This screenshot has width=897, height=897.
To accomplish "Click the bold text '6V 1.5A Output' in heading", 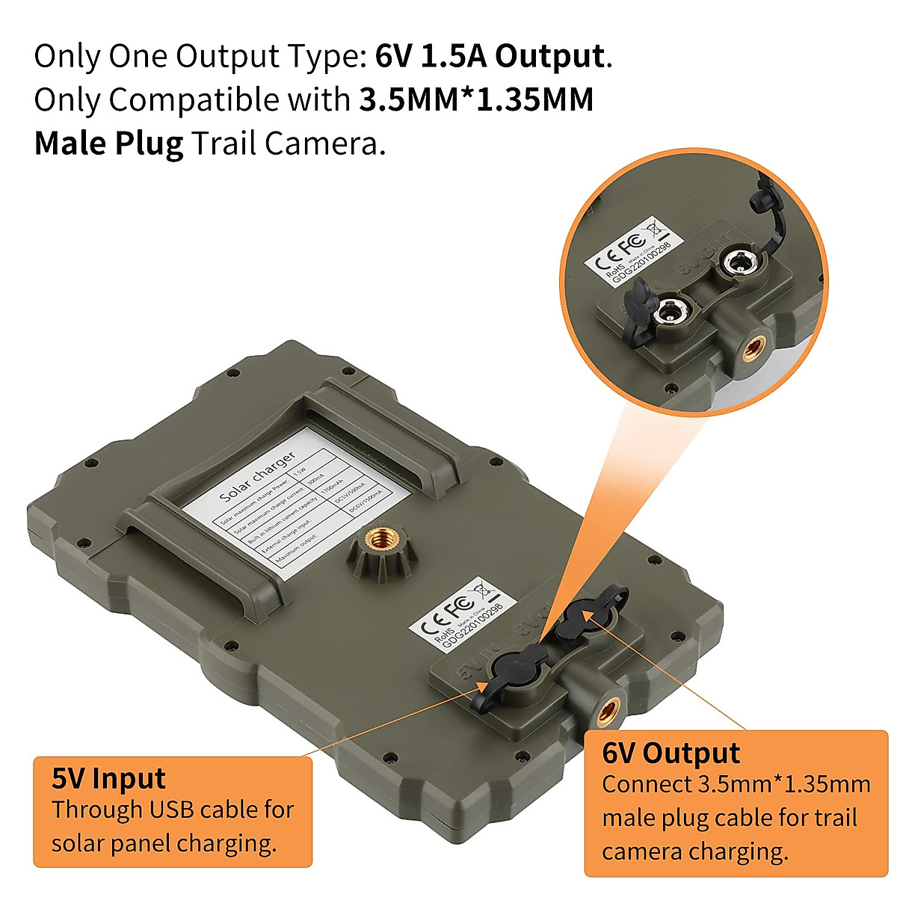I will (x=489, y=57).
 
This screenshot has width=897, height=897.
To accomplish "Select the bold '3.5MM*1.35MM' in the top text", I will (x=476, y=100).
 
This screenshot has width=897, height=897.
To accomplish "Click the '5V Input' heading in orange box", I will (x=108, y=778).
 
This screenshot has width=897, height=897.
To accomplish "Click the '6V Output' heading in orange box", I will (x=671, y=753).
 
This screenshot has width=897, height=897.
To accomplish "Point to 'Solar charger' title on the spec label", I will (x=257, y=475).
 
